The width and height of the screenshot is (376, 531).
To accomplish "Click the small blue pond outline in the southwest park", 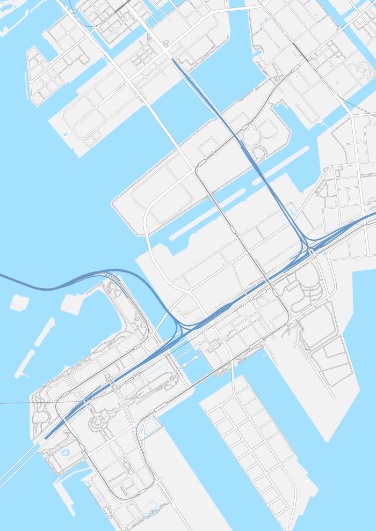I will [x=66, y=453].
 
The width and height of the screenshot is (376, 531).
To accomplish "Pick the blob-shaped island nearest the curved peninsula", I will [x=73, y=304].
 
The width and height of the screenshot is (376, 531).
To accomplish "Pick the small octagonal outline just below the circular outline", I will [x=259, y=153].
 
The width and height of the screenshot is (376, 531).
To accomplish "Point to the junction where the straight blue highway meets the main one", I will [x=308, y=248].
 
